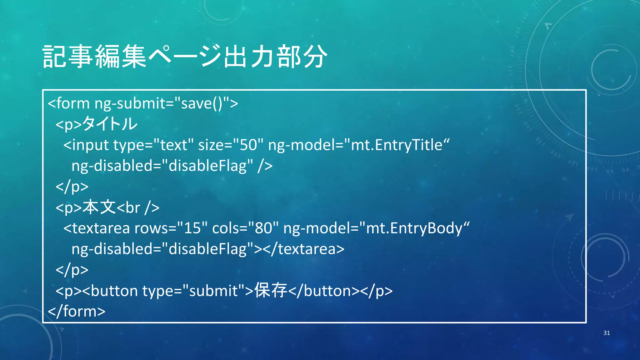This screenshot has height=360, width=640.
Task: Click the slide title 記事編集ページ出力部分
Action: (185, 57)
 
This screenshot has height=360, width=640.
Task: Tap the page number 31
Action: (607, 333)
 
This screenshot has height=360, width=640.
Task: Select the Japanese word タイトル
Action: (110, 124)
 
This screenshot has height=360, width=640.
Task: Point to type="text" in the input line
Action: (153, 145)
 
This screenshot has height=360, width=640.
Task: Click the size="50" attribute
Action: (231, 145)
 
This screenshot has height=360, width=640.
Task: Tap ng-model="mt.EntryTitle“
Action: (359, 145)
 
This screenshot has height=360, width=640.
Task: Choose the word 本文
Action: (99, 207)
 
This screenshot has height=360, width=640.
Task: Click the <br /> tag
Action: (138, 207)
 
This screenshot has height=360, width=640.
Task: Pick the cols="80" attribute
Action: (245, 228)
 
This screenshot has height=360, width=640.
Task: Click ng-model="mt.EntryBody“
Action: (376, 228)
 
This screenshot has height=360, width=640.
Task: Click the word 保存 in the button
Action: (271, 290)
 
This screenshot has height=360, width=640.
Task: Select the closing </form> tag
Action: (77, 311)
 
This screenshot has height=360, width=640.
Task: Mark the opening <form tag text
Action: (69, 103)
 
